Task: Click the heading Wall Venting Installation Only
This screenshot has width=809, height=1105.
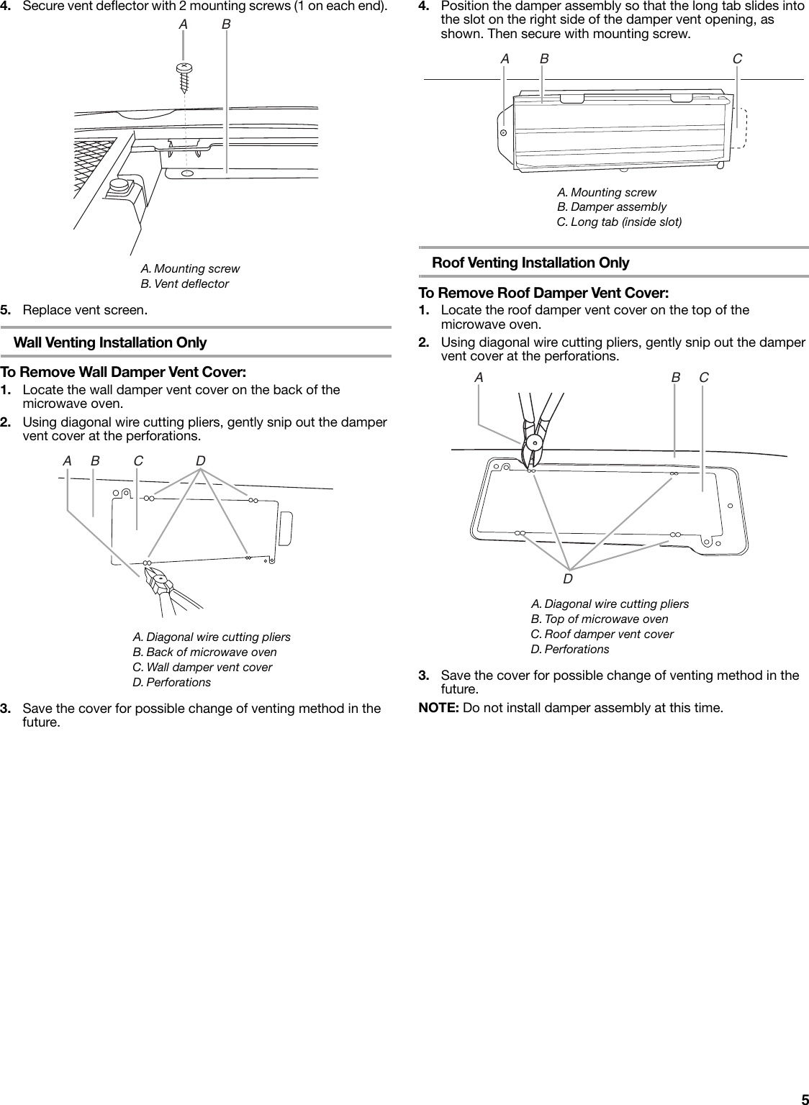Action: coord(110,342)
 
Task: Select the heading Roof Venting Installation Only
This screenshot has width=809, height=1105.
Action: coord(530,263)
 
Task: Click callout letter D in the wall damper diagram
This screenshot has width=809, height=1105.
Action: coord(201,460)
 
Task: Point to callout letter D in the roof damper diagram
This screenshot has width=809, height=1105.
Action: coord(568,578)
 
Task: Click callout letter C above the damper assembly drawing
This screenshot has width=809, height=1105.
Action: coord(738,59)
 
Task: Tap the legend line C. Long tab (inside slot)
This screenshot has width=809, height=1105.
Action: coord(619,222)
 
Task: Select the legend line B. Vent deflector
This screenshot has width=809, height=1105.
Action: coord(184,283)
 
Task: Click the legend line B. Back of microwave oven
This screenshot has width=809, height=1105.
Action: coord(204,652)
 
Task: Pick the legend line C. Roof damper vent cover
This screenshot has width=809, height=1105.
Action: coord(602,634)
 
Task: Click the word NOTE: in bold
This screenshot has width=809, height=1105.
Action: coord(439,707)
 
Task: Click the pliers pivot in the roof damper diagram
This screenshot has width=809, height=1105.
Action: coord(533,442)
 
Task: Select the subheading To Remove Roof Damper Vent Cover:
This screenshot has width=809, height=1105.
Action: coord(543,294)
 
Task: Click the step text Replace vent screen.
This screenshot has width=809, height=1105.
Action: coord(86,311)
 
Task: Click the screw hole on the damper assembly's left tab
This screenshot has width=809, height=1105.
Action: coord(505,132)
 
